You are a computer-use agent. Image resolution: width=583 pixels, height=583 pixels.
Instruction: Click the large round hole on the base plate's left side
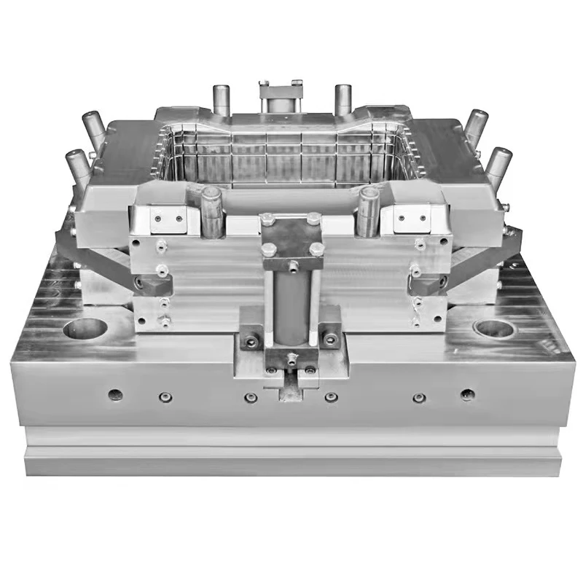[x=85, y=328]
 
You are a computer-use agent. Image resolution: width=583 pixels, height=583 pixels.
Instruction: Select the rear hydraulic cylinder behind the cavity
[x=281, y=96]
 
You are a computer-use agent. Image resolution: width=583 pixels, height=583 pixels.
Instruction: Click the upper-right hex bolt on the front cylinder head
[x=313, y=218]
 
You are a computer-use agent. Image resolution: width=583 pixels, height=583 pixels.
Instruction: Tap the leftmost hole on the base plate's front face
[x=115, y=395]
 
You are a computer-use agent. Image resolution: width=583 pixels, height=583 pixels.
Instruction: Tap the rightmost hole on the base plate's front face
[x=468, y=395]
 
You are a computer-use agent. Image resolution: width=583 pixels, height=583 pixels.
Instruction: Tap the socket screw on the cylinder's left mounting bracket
[x=251, y=339]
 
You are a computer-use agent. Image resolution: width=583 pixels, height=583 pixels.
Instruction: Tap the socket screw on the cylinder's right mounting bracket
[x=331, y=339]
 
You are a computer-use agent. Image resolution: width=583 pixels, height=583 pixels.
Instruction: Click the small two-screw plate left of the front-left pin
[x=168, y=216]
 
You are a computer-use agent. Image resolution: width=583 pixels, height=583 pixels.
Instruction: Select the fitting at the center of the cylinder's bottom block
[x=291, y=358]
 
